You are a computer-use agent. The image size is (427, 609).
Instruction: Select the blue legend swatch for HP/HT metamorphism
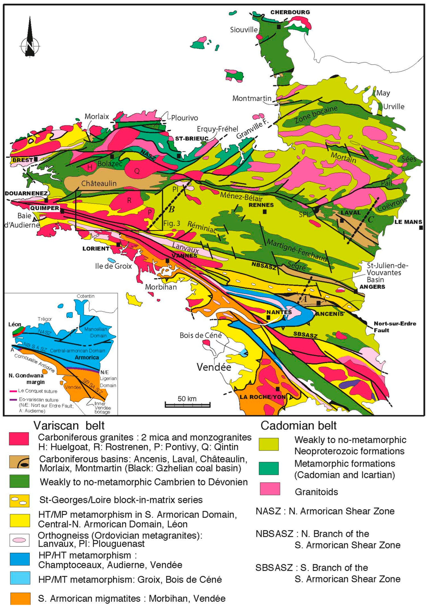tap(19, 559)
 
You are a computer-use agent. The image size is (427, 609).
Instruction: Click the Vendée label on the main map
tap(214, 367)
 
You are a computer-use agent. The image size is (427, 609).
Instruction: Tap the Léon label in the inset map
tap(15, 324)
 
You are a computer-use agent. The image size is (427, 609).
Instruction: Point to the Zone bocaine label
tap(316, 114)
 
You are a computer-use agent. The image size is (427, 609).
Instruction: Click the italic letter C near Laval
tap(370, 219)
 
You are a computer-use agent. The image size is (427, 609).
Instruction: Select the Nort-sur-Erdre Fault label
tap(395, 327)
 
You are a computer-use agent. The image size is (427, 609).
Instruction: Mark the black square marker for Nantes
tap(269, 317)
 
